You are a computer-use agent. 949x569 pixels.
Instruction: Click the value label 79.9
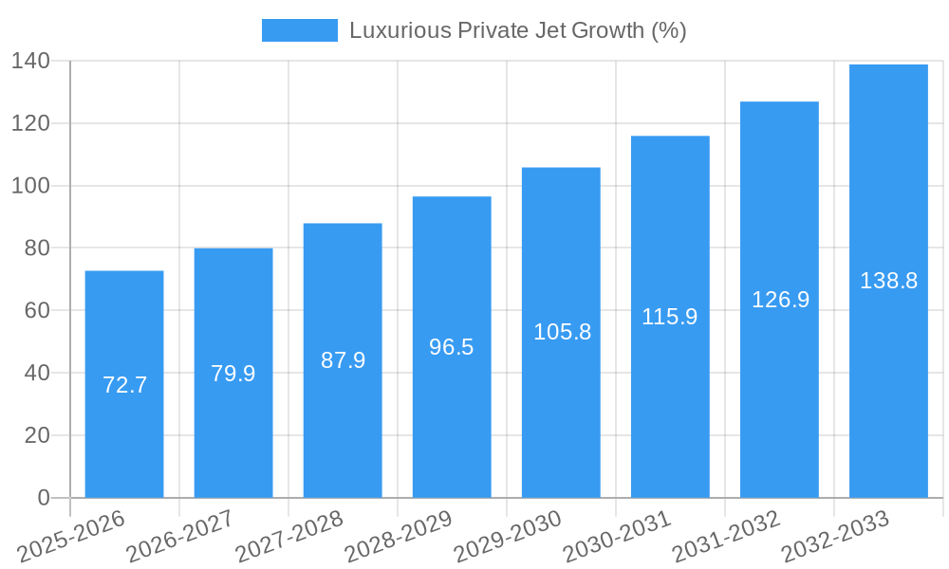click(233, 374)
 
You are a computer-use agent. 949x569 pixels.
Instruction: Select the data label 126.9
click(780, 300)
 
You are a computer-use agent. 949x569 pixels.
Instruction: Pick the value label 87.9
click(343, 360)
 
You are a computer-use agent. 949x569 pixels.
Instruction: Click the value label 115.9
click(670, 317)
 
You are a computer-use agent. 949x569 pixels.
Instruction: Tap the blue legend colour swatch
click(299, 30)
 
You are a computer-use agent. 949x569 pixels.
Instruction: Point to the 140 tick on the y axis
click(30, 62)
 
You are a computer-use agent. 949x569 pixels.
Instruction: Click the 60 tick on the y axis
click(37, 311)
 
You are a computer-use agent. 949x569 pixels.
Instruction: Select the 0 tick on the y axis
click(44, 498)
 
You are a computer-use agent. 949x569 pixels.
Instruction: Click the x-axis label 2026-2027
click(180, 537)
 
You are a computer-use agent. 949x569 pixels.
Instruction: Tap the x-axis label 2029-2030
click(508, 537)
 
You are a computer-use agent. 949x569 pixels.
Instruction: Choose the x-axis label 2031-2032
click(726, 537)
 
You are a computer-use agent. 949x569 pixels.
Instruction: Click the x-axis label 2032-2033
click(835, 537)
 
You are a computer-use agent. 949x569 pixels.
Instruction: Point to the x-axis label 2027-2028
click(289, 537)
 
